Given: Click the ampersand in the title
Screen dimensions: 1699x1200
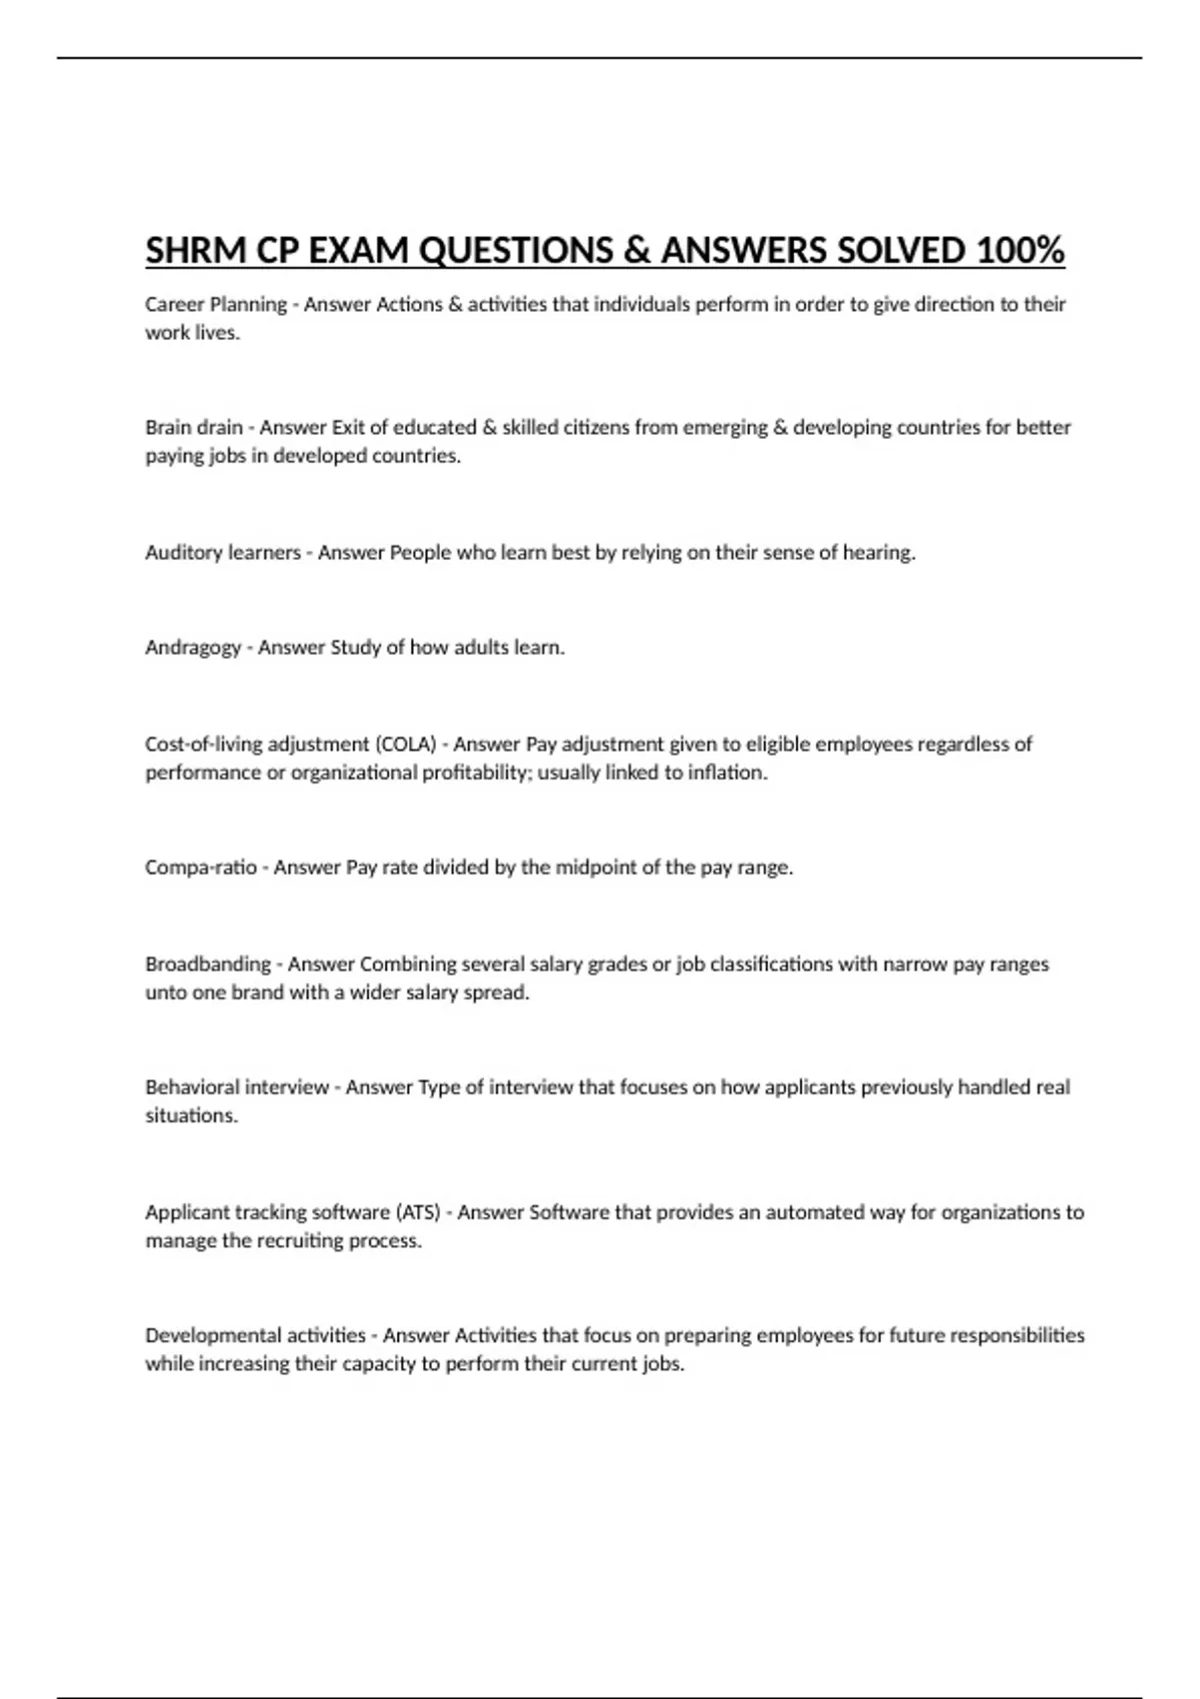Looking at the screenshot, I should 636,250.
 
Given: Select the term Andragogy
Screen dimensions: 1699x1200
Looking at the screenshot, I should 193,648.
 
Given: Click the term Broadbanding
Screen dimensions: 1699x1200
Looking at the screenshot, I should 208,964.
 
